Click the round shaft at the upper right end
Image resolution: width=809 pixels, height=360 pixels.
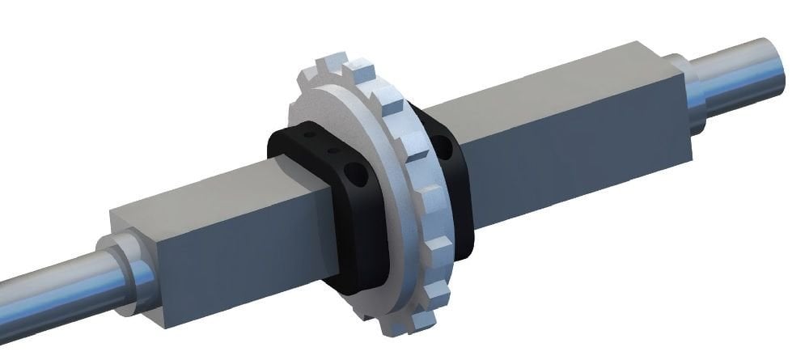(x=760, y=70)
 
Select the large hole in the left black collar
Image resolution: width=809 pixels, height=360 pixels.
(x=352, y=173)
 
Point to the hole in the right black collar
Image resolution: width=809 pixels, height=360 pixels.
(x=443, y=146)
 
